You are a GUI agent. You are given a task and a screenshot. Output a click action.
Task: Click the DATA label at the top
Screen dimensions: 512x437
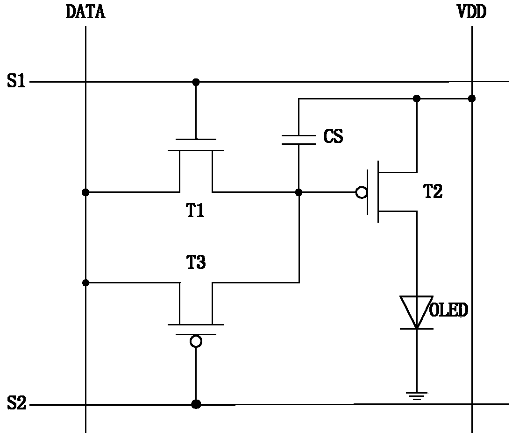pos(85,12)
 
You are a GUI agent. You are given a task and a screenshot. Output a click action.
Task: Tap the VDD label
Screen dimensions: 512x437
pos(472,12)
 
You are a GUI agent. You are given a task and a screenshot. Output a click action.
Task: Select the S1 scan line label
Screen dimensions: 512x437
pos(16,81)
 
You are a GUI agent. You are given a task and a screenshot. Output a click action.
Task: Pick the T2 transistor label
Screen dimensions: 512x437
pos(433,191)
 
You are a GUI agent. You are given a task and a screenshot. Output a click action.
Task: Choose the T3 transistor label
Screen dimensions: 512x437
pos(196,262)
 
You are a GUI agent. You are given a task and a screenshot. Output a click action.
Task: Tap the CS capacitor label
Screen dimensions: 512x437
pos(333,136)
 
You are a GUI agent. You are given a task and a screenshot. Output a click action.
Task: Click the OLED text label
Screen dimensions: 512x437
pos(448,310)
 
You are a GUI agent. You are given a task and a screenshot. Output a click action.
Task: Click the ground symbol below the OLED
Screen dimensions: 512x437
pos(417,396)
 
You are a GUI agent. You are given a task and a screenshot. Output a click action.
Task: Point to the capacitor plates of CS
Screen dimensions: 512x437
pos(299,140)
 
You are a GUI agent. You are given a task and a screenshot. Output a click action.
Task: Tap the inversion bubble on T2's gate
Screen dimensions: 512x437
pos(361,192)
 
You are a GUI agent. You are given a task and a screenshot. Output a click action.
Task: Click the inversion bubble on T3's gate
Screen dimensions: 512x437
pos(196,342)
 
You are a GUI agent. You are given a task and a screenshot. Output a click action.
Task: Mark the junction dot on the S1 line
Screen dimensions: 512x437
pos(196,82)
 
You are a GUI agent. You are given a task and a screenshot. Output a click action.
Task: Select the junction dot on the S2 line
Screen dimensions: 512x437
pos(196,404)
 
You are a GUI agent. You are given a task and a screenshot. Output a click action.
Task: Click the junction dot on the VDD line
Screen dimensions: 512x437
pos(471,99)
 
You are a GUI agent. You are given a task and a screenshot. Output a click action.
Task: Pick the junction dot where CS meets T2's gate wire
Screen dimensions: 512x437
pos(299,192)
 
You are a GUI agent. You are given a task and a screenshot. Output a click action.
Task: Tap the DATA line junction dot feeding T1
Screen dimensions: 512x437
pos(85,192)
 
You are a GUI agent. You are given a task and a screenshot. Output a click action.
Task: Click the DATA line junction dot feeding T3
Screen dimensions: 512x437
pos(85,282)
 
